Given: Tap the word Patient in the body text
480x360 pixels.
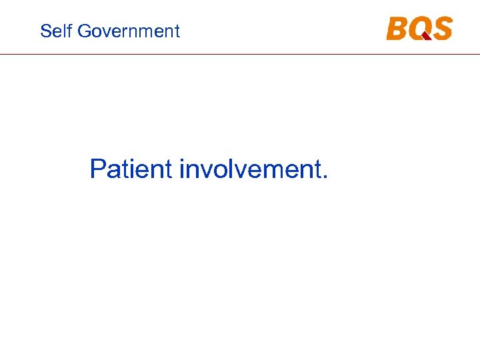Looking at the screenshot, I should pos(131,169).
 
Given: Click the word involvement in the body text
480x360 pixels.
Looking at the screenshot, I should pos(249,169).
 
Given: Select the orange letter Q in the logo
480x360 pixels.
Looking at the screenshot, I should pos(420,29).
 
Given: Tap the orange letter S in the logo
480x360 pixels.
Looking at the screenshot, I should pos(442,29).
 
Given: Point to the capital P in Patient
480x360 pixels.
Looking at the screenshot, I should pos(98,169).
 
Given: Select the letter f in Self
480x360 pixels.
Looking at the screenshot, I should pos(64,31).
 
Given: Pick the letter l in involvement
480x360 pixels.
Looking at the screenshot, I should pos(230,169).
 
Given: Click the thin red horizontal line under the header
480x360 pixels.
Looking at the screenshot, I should pos(240,54).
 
